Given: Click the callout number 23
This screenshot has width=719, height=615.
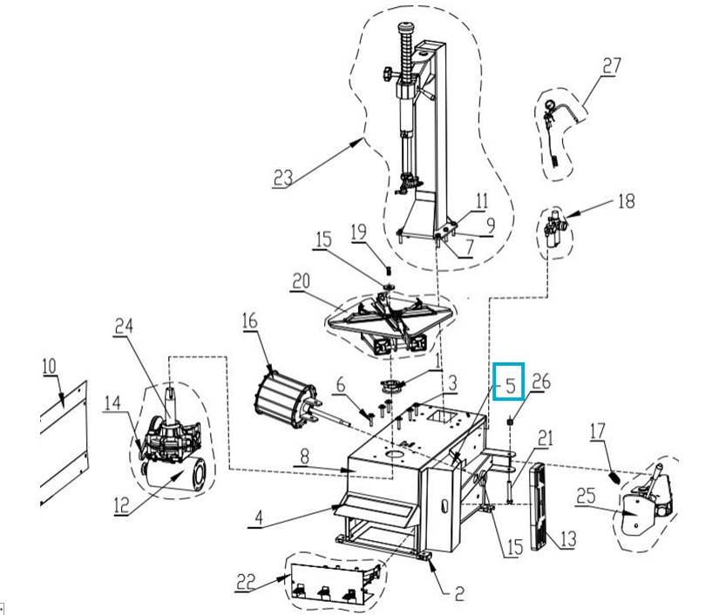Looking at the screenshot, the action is tap(283, 178).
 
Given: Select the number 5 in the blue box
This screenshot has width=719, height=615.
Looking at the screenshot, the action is tap(511, 386).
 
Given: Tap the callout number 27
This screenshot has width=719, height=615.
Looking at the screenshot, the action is tap(612, 66).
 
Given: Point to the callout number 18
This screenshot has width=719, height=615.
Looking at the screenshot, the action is tap(627, 200).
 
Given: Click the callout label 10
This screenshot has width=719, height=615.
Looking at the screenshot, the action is tap(49, 366).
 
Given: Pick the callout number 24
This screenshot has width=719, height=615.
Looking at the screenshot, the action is tap(124, 326).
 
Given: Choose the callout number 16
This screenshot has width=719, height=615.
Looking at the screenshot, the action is tap(250, 321).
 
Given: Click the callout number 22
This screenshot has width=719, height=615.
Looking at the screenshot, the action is tap(246, 582).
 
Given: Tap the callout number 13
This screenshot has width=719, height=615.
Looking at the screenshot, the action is tap(567, 539).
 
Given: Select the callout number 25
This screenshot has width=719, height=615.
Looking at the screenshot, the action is tap(586, 497).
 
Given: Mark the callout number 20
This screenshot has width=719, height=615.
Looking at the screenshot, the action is tap(301, 280).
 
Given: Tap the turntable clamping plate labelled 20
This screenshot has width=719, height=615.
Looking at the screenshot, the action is tap(390, 319).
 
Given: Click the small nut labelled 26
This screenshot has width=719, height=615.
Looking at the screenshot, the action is tap(510, 421).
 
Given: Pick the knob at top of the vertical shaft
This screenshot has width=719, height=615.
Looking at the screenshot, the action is tap(406, 28).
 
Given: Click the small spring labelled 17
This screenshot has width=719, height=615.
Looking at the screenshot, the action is tap(616, 478).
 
